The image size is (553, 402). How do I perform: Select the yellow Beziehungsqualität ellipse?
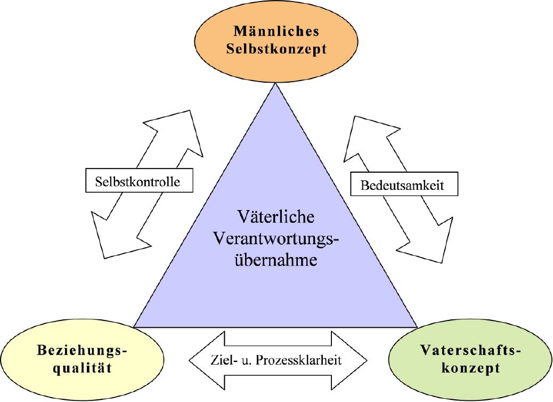click(82, 359)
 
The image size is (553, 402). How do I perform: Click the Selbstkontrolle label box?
click(139, 181)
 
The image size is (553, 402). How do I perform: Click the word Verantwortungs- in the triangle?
click(276, 239)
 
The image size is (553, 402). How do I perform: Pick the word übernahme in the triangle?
click(276, 261)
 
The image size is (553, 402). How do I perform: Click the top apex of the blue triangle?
click(276, 85)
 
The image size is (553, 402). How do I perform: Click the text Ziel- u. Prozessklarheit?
click(276, 359)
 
